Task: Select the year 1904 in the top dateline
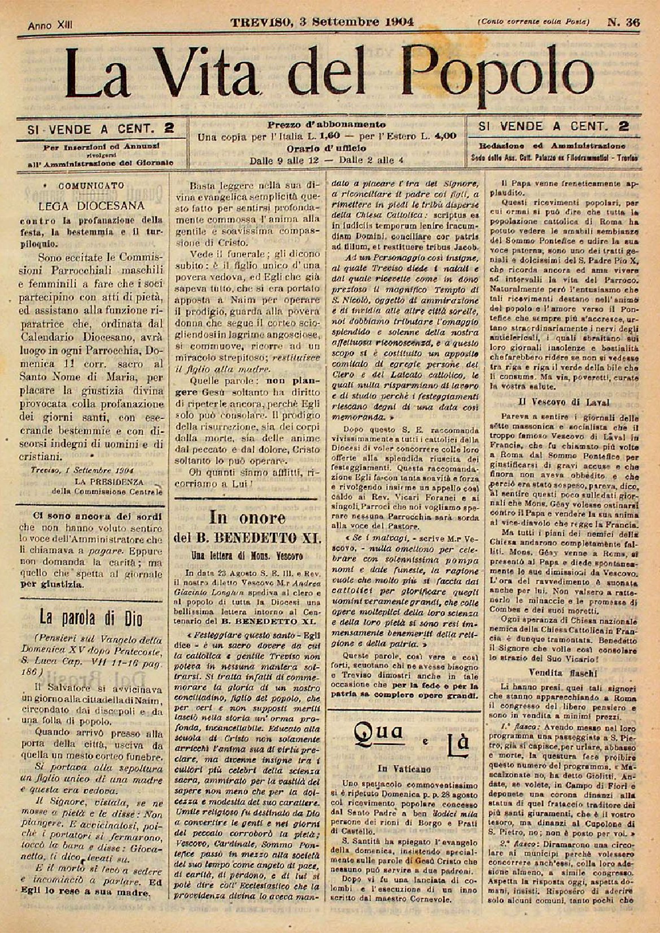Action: [392, 23]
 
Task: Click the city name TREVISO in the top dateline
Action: [262, 23]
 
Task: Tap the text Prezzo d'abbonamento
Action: [326, 124]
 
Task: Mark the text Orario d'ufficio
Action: [326, 148]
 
